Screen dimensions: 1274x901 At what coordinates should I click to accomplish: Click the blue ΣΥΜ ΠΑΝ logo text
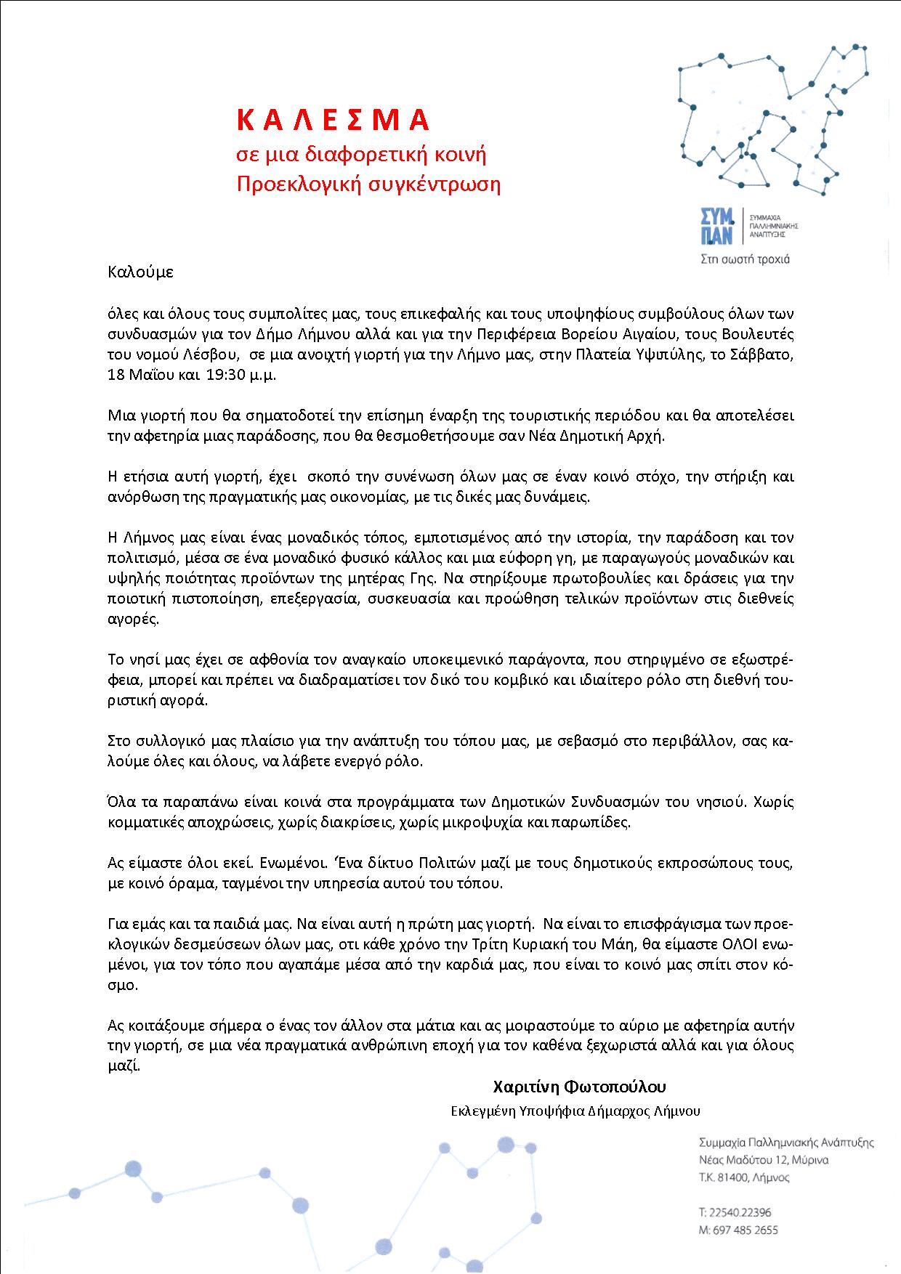[716, 226]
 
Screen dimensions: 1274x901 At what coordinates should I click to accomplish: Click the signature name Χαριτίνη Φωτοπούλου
[579, 1087]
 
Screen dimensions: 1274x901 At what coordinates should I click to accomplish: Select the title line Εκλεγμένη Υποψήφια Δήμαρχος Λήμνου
[575, 1111]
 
